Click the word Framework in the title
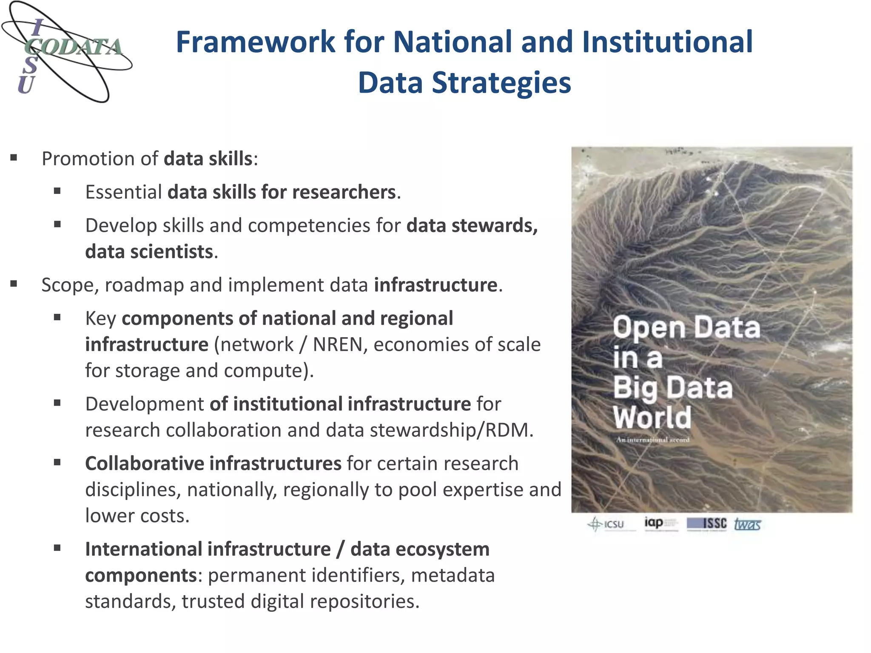[x=256, y=42]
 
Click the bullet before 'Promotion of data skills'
[x=14, y=158]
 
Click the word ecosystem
[x=442, y=549]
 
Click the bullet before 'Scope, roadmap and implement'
[x=14, y=284]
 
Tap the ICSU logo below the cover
[x=606, y=524]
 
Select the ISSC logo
[x=707, y=524]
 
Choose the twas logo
[x=747, y=524]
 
